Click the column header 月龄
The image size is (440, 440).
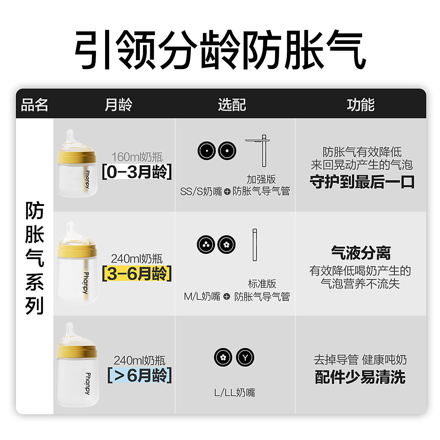pos(118,105)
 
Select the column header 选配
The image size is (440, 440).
pos(232,105)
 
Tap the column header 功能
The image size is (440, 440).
pos(361,105)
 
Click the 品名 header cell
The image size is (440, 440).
pos(35,105)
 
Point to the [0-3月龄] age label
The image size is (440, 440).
pos(137,172)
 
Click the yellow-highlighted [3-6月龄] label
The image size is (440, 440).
pos(137,273)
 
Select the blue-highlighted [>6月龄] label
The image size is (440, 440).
pos(139,375)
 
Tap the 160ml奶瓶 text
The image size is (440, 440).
pos(137,157)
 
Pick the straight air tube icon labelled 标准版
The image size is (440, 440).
pos(255,245)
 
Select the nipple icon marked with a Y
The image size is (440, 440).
pos(245,357)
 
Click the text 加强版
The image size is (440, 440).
pos(261,179)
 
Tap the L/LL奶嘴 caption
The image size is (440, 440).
pos(235,392)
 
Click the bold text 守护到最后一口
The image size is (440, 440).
pos(362,182)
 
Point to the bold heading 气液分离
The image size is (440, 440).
pos(361,253)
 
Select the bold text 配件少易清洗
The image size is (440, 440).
pos(360,377)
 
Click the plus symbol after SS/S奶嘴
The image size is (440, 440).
pos(227,192)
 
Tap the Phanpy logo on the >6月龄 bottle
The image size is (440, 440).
pos(88,383)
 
